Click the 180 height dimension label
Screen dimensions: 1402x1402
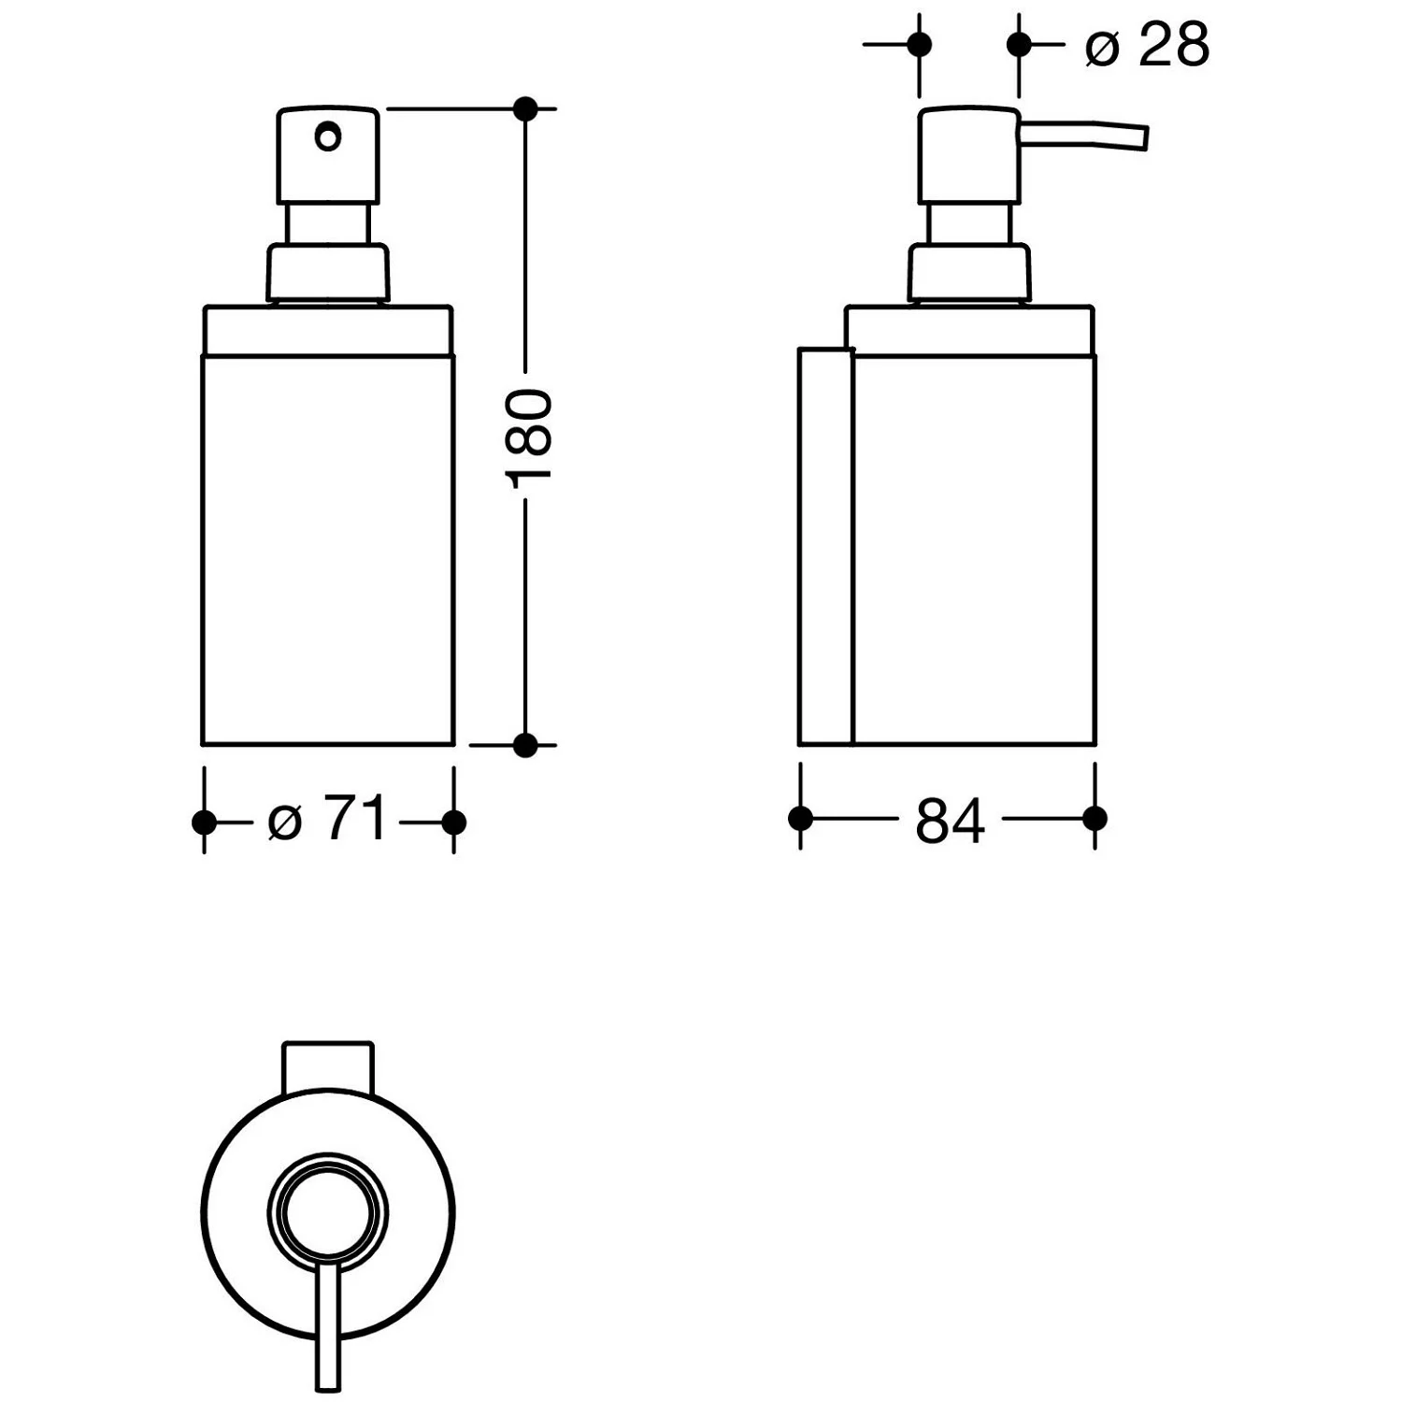tap(529, 436)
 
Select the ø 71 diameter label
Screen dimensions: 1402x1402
tap(326, 820)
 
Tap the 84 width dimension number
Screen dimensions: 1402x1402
tap(950, 822)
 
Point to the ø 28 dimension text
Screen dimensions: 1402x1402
tap(1147, 44)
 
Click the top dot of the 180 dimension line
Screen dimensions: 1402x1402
tap(525, 109)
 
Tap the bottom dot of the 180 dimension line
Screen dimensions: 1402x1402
tap(525, 745)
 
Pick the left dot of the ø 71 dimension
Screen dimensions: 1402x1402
tap(204, 823)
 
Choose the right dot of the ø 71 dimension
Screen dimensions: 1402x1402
tap(453, 823)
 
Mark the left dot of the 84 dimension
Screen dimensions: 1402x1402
tap(800, 819)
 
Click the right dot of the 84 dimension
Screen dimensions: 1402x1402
tap(1094, 819)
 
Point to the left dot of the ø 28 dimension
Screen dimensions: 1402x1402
tap(920, 44)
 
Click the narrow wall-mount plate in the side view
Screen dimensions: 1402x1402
tap(826, 547)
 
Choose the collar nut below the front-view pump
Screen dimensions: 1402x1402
tap(327, 272)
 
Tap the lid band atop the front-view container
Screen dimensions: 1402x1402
tap(328, 330)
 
